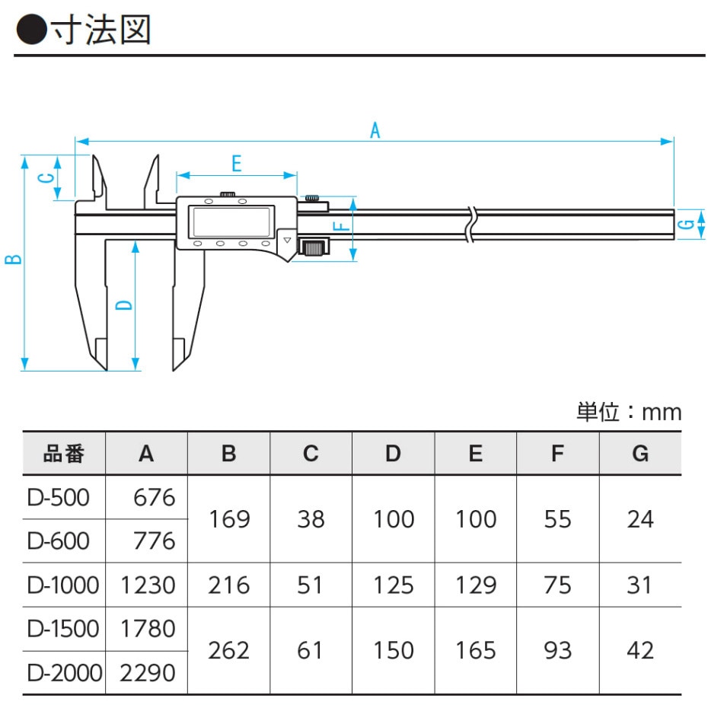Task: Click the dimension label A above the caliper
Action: tap(375, 130)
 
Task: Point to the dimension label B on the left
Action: tap(13, 259)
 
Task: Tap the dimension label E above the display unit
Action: tap(236, 163)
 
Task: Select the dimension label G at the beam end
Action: tap(687, 224)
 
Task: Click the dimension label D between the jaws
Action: tap(124, 305)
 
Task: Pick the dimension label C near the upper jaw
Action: tap(46, 178)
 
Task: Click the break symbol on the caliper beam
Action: tap(472, 224)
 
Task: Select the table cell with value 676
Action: tap(154, 498)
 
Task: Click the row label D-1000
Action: tap(63, 585)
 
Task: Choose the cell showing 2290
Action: tap(148, 672)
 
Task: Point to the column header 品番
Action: tap(63, 454)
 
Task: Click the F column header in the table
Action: tap(557, 454)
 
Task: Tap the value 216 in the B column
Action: tap(228, 585)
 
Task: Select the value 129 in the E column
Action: tap(475, 585)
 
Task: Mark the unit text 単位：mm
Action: tap(629, 412)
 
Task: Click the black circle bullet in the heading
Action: tap(30, 30)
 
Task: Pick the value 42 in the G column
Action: tap(640, 650)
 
